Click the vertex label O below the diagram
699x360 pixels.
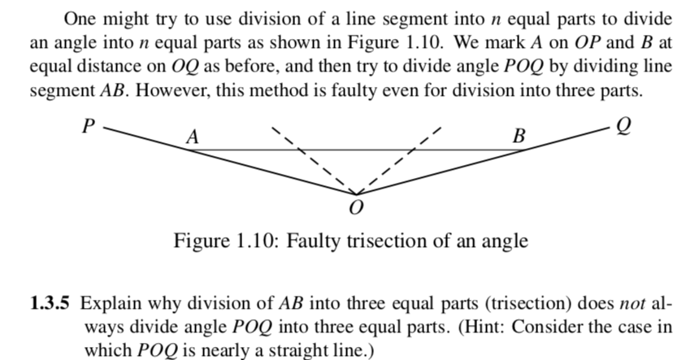pyautogui.click(x=353, y=210)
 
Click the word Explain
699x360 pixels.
pyautogui.click(x=107, y=305)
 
